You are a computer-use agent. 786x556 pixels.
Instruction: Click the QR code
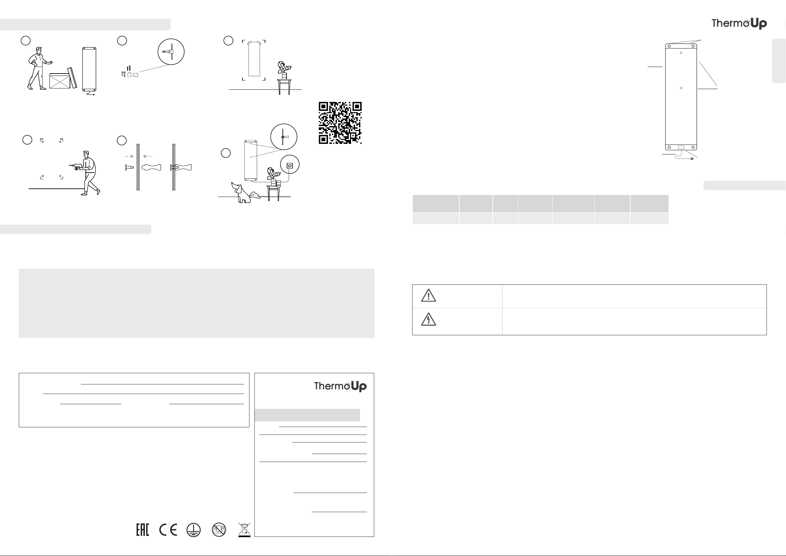tap(340, 122)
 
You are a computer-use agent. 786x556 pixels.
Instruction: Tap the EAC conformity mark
tap(143, 530)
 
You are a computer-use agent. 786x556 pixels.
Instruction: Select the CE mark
tap(168, 530)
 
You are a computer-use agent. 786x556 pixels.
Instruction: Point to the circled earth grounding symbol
tap(193, 530)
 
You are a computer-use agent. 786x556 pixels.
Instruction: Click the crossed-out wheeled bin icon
tap(245, 529)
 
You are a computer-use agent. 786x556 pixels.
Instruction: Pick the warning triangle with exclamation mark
tap(428, 295)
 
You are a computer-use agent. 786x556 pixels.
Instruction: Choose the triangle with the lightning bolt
tap(428, 319)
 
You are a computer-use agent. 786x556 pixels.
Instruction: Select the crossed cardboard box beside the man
tap(60, 81)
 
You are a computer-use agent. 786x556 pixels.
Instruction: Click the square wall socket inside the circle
tap(290, 166)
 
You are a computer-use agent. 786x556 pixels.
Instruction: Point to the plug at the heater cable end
tap(692, 159)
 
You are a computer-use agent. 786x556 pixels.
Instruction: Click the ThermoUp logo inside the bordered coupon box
tap(340, 386)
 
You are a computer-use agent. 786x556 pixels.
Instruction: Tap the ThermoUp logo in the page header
tap(739, 23)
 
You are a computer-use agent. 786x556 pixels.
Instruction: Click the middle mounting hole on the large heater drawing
tap(681, 88)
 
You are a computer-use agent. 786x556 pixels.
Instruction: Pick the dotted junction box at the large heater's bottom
tap(681, 147)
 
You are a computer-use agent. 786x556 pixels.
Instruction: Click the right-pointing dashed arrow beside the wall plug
tap(129, 156)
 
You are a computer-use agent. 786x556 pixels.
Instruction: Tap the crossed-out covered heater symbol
tap(219, 530)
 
